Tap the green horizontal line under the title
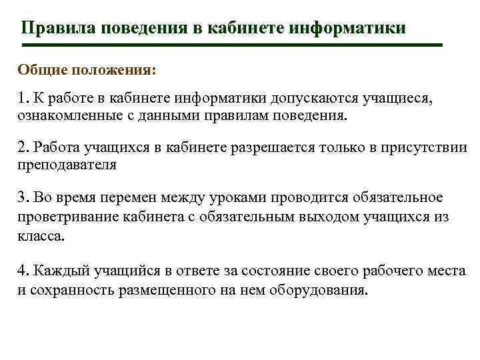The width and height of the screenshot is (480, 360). [x=231, y=45]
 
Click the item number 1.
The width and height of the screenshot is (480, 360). [x=21, y=99]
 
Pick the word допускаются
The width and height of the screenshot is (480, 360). [x=313, y=99]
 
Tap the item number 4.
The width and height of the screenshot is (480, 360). [x=21, y=271]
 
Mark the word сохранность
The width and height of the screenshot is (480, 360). [x=65, y=291]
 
